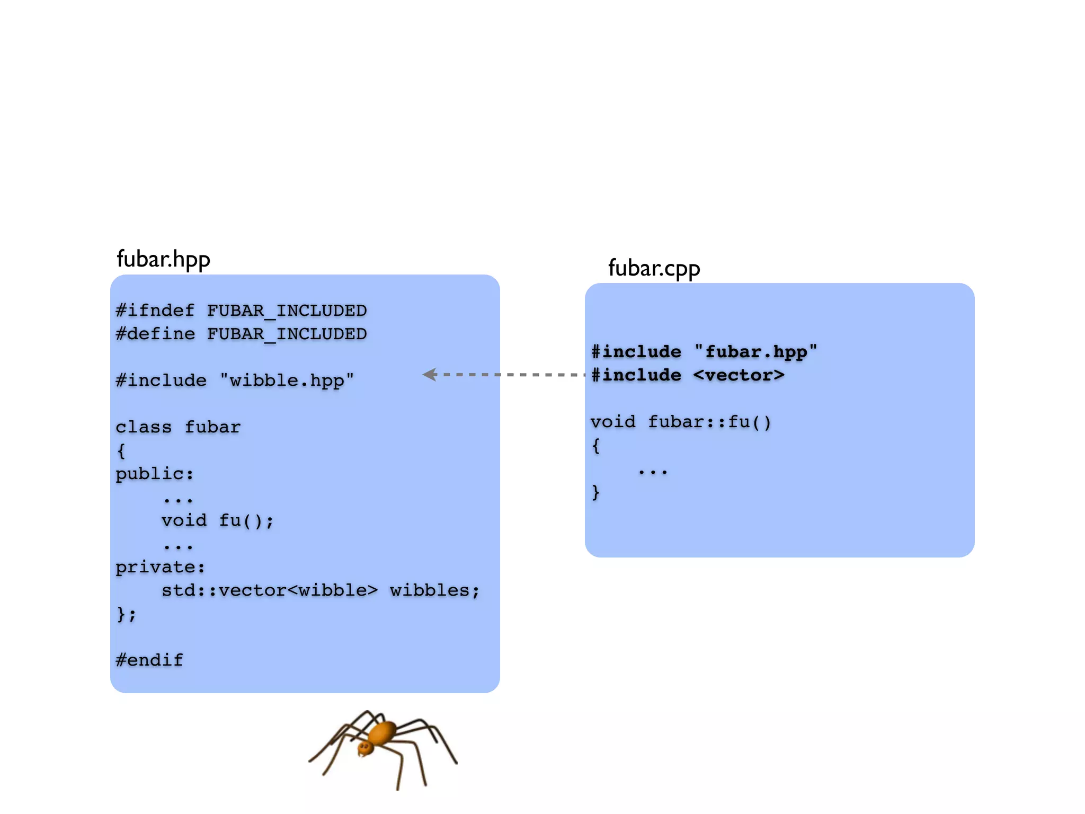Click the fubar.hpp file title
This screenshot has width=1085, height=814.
tap(163, 260)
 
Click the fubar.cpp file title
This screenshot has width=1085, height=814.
tap(654, 269)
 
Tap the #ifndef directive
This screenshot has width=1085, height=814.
tap(155, 311)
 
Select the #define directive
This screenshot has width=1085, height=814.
tap(155, 334)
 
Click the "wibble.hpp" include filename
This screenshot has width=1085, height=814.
tap(287, 381)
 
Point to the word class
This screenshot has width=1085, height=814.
tap(144, 427)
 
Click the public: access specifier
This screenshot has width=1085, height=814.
tap(155, 474)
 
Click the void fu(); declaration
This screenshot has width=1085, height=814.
tap(217, 520)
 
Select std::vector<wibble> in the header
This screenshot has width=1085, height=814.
tap(269, 590)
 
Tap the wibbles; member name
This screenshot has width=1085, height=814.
tap(434, 590)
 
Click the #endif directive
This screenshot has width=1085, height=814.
tap(149, 660)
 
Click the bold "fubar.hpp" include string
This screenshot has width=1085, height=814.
tap(756, 352)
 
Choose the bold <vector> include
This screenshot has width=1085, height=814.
tap(739, 375)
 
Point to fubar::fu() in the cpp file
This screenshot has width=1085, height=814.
tap(709, 422)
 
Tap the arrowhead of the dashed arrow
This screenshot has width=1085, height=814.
tap(430, 375)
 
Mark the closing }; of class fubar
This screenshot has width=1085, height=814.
tap(126, 614)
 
